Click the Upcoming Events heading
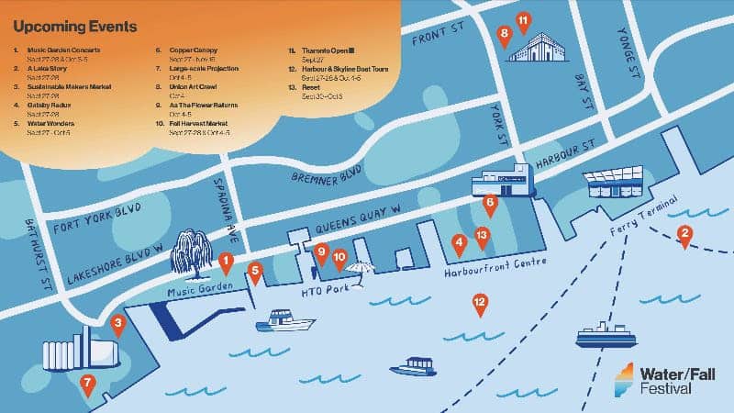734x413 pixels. [x=75, y=27]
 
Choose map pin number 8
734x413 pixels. [x=504, y=36]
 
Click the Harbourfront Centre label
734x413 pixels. [x=495, y=268]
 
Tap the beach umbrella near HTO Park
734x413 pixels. [x=360, y=269]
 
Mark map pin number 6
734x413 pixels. [x=489, y=204]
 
